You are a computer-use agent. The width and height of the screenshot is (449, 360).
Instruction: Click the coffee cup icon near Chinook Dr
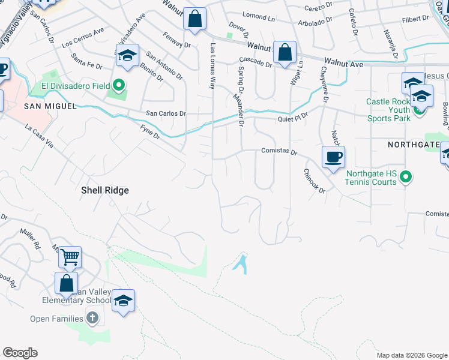coord(333,157)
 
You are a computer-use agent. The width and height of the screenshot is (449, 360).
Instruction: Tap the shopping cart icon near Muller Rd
coord(70,257)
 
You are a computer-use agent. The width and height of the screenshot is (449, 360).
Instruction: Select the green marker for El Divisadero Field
coord(119,86)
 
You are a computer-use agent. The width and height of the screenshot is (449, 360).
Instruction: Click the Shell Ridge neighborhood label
coord(105,190)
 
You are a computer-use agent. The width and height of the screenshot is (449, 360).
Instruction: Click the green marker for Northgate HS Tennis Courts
coord(406,176)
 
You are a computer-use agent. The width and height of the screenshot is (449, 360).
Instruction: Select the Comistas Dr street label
coord(279,152)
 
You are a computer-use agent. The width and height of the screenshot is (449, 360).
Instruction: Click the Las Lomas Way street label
coord(212,66)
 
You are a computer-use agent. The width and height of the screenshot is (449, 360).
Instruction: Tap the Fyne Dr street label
coord(150,131)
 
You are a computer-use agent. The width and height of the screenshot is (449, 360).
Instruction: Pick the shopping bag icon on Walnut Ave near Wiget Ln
coord(285,52)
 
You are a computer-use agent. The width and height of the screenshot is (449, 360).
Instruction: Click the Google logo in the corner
coord(20,353)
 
